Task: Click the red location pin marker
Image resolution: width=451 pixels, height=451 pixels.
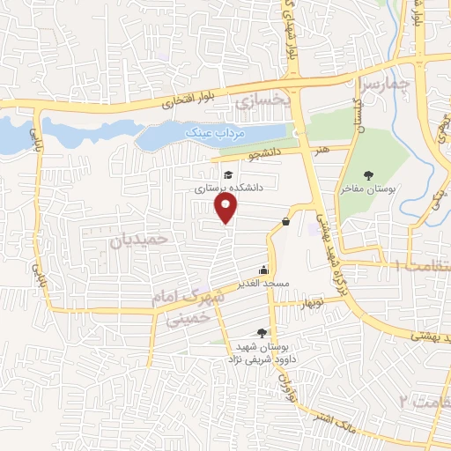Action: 227,208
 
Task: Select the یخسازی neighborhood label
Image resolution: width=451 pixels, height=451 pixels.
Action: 262,102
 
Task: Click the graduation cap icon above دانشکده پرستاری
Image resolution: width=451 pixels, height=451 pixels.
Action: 227,174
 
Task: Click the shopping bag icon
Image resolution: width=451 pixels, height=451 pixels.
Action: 286,221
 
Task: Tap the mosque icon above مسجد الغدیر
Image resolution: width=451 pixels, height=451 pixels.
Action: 262,271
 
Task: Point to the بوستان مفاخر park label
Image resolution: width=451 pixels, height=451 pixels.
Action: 369,189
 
